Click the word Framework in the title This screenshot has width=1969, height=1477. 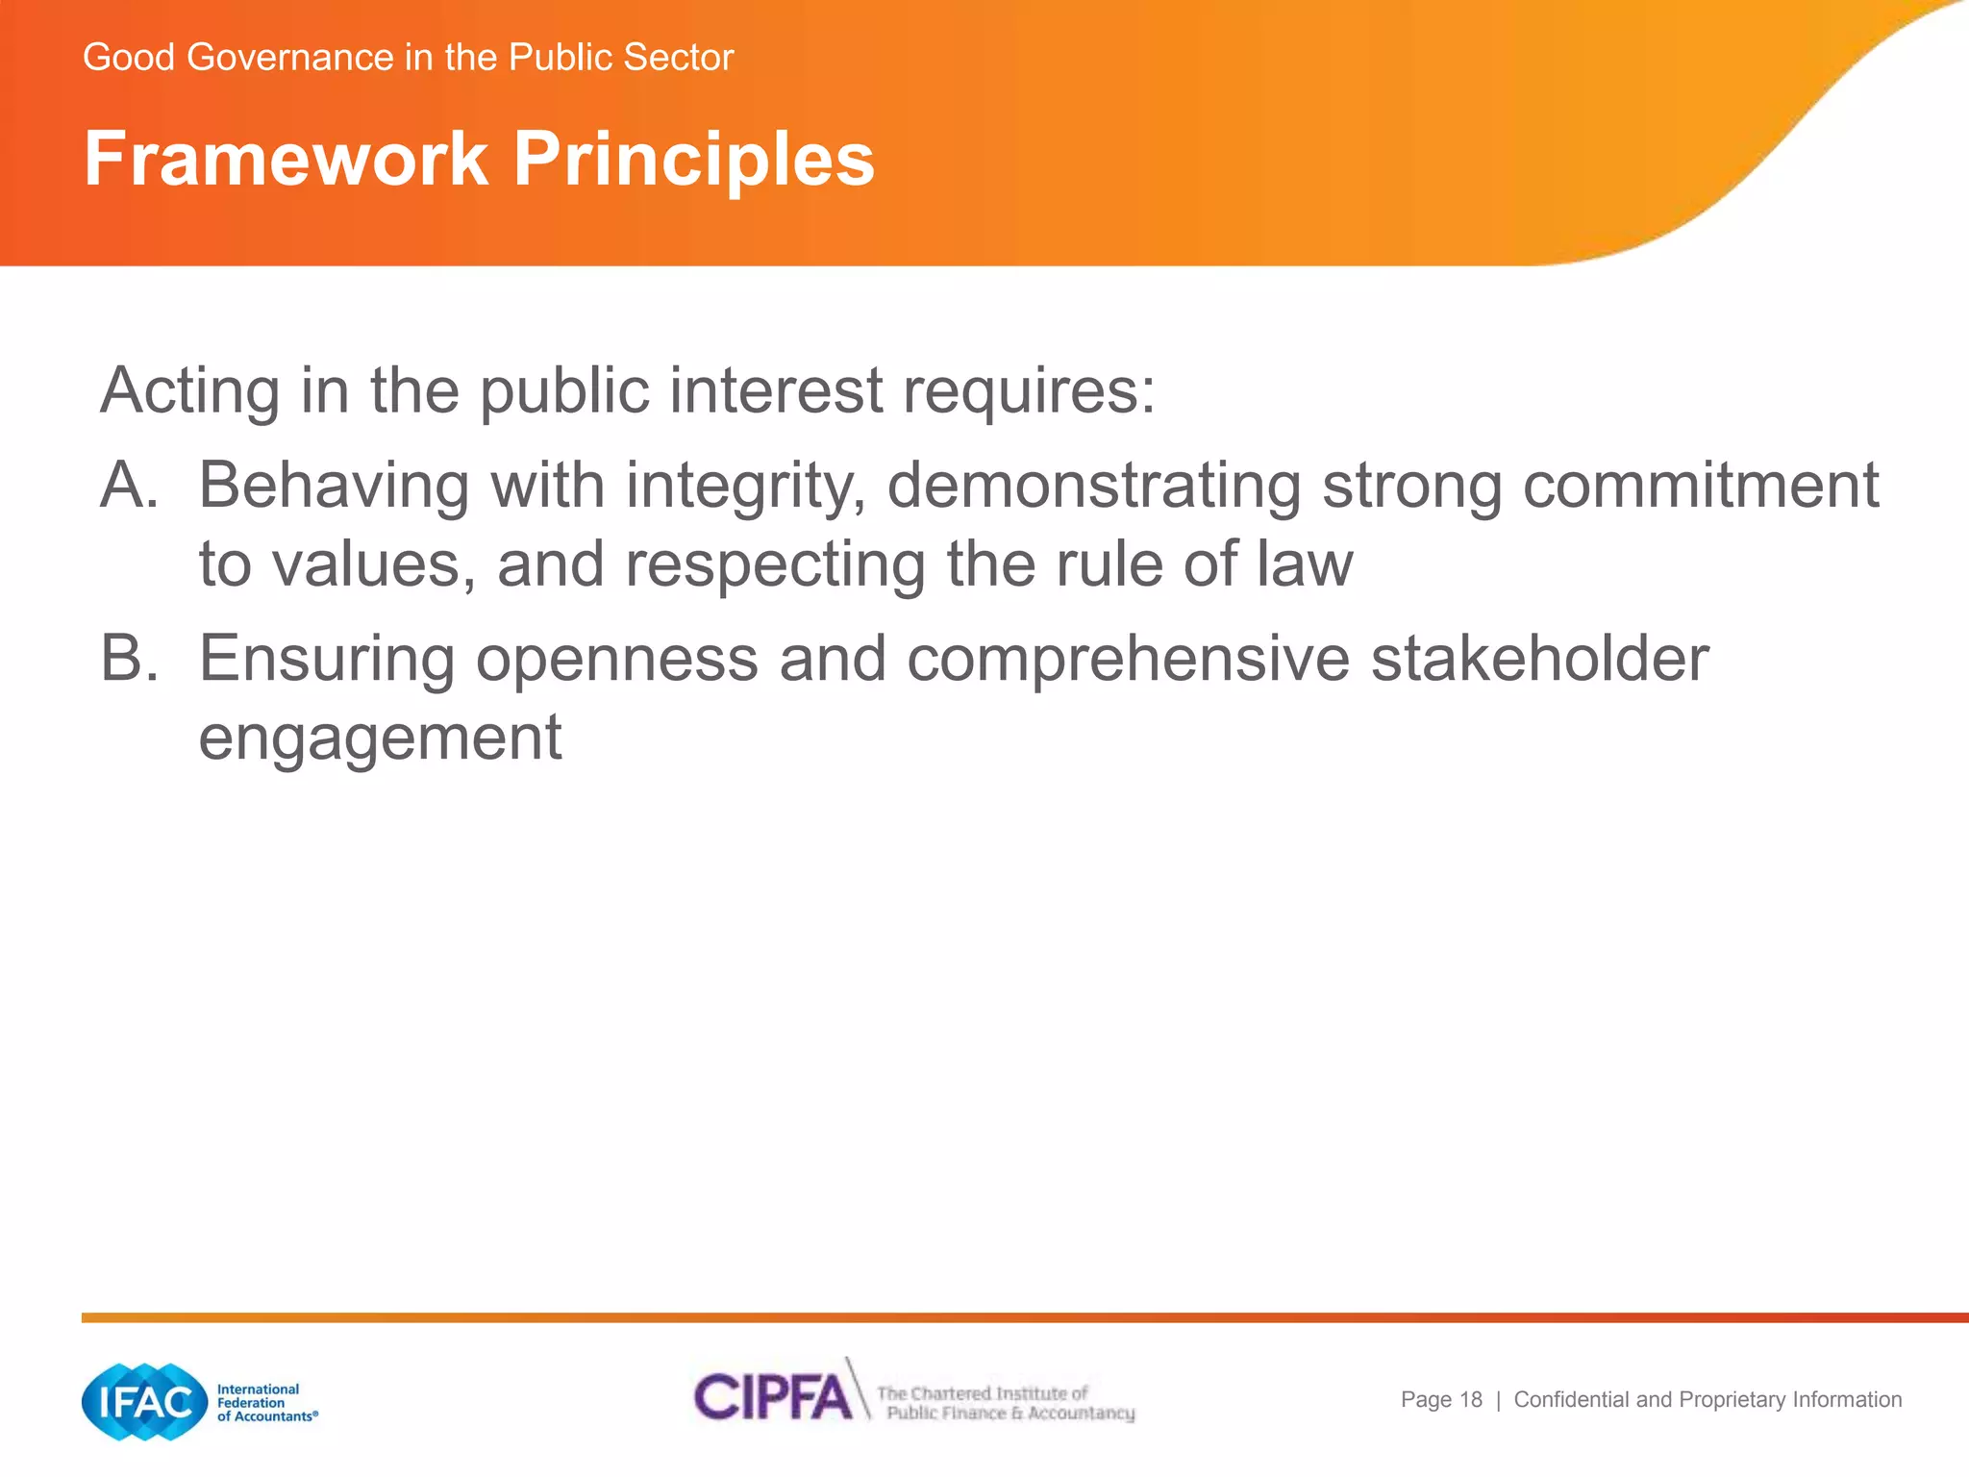tap(286, 159)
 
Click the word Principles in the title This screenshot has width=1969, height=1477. tap(693, 159)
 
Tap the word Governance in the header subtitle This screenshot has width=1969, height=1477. tap(290, 58)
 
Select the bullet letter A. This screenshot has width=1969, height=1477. tap(128, 486)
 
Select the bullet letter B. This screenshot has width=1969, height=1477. tap(128, 660)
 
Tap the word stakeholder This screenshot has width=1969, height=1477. tap(1539, 660)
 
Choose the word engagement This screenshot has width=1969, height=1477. tap(380, 738)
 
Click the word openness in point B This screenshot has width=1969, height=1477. tap(616, 660)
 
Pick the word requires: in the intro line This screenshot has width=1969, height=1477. tap(1028, 391)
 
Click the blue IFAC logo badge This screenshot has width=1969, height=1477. tap(145, 1402)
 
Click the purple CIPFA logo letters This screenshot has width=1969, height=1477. tap(772, 1397)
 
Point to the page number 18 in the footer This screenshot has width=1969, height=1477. tap(1470, 1400)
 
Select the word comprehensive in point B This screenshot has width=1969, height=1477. tap(1128, 660)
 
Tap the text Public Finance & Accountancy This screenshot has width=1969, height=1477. tap(1009, 1414)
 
